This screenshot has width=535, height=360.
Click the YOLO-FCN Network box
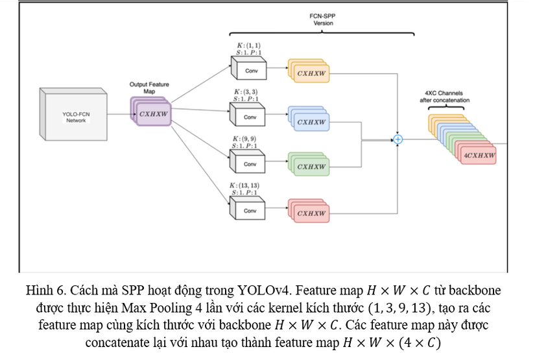[x=75, y=117]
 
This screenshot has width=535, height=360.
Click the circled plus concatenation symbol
[x=398, y=139]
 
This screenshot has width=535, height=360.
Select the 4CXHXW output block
[x=479, y=156]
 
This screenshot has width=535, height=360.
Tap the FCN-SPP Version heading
[x=323, y=19]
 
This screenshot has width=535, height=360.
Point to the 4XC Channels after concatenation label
[x=445, y=97]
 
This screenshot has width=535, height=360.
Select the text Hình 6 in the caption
[x=44, y=289]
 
